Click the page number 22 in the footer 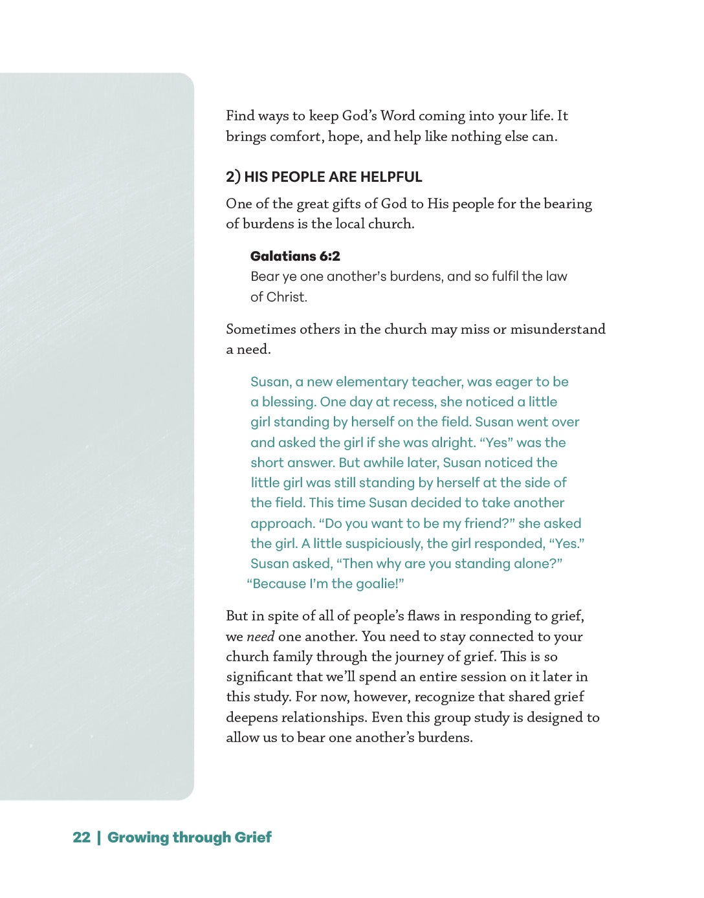click(x=82, y=837)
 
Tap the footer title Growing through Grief click(x=189, y=837)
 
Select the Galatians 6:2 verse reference click(x=295, y=256)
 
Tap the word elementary click(x=371, y=382)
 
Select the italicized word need click(x=261, y=637)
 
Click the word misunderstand click(x=558, y=329)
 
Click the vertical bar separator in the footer click(x=99, y=837)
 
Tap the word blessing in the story click(x=289, y=402)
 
